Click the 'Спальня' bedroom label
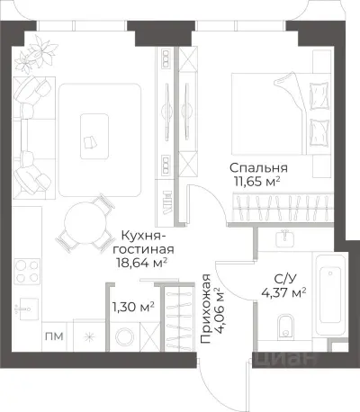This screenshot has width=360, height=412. (x=258, y=167)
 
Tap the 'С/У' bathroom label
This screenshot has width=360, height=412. (x=282, y=277)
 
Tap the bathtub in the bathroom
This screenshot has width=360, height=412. (x=332, y=288)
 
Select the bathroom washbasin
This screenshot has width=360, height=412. (x=283, y=239)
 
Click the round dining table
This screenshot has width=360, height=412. (x=82, y=223)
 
